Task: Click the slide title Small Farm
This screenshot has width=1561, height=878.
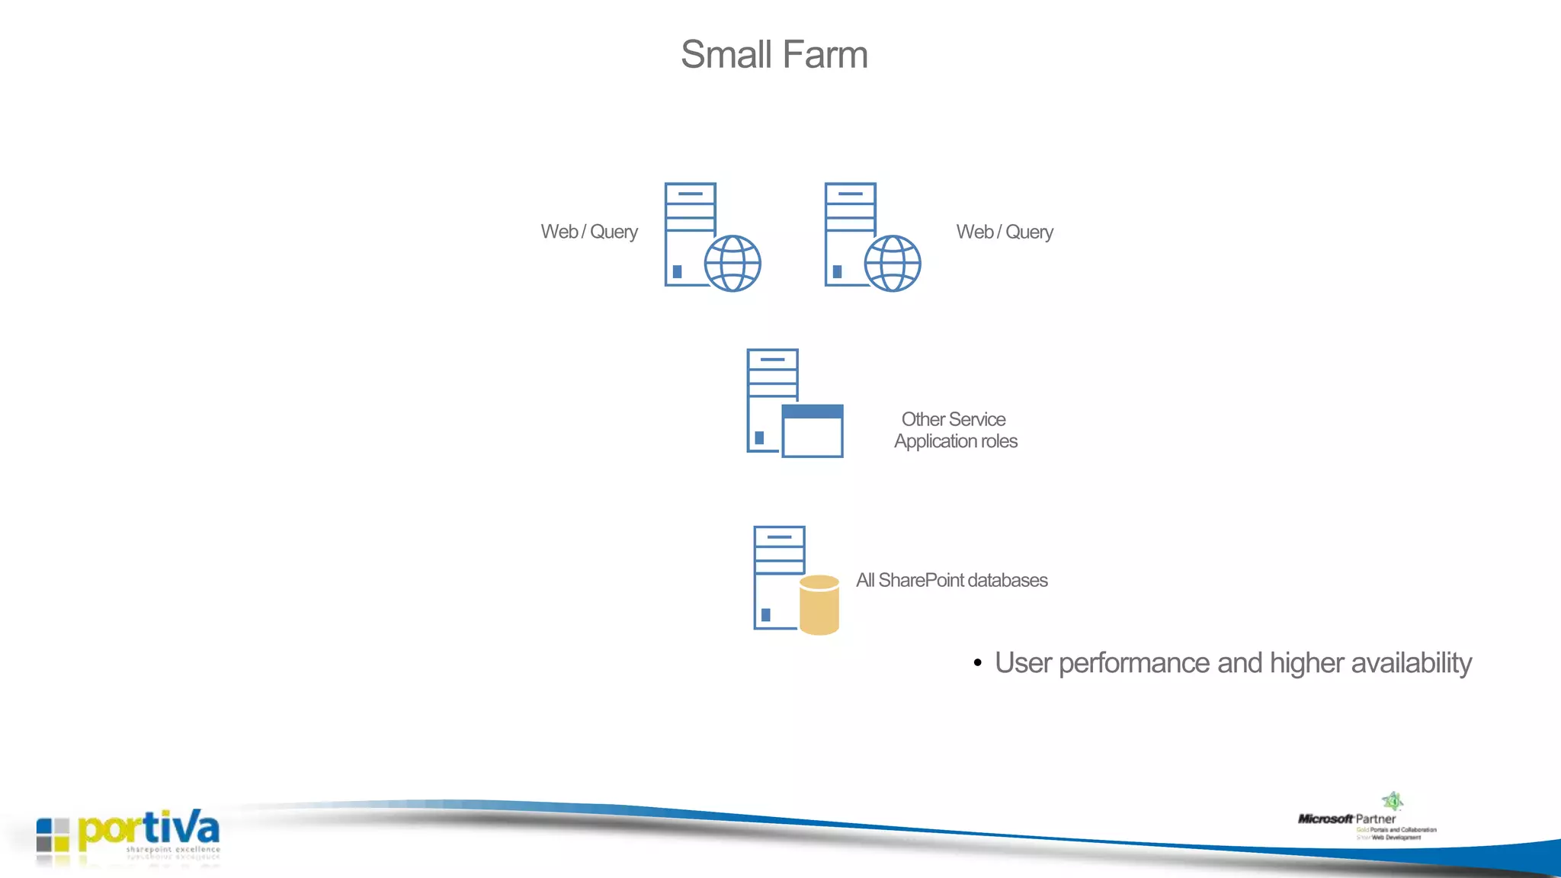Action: point(774,55)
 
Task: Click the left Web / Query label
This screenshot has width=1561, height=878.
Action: point(589,232)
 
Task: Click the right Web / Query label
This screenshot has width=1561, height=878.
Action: point(1005,232)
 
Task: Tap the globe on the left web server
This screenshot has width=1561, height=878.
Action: point(732,263)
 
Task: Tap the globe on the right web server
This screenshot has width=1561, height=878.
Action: point(892,263)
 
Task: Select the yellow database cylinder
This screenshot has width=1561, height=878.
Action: point(819,605)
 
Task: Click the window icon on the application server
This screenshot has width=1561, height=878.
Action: point(813,431)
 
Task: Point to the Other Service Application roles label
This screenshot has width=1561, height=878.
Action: point(955,431)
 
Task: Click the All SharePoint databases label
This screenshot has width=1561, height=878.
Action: point(951,581)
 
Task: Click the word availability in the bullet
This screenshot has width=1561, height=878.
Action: point(1411,663)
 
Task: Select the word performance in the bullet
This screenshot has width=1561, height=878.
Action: point(1134,664)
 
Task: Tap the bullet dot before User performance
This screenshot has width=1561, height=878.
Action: point(977,664)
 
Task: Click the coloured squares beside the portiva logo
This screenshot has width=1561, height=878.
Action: point(53,835)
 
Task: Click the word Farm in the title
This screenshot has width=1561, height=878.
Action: point(825,55)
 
